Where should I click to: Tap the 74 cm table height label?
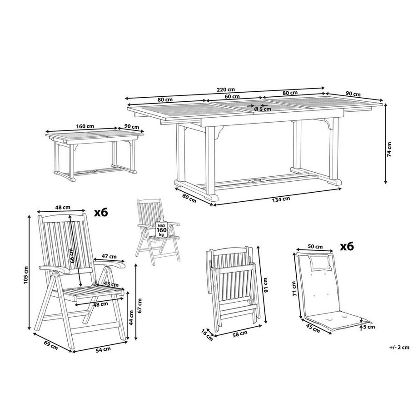tap(389, 149)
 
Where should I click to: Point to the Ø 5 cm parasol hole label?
tap(263, 109)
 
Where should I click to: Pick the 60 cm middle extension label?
tap(232, 96)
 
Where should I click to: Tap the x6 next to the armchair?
tap(100, 212)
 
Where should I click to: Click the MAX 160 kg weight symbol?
tap(161, 228)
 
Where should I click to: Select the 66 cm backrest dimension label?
tap(72, 257)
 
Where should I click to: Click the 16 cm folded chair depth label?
tap(207, 335)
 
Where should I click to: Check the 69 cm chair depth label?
tap(50, 344)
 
